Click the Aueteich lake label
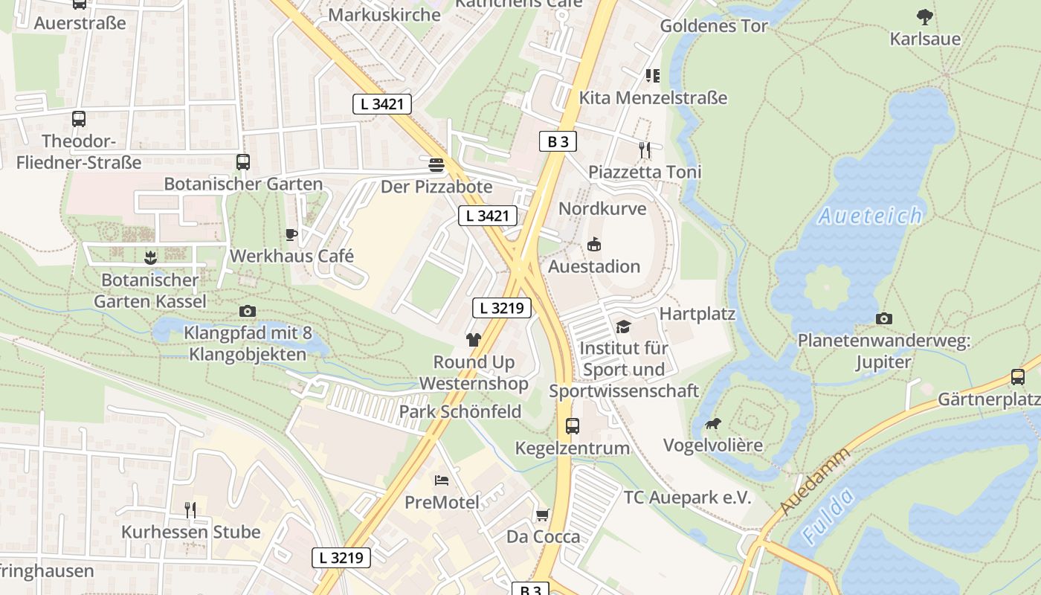(870, 216)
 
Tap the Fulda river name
(827, 518)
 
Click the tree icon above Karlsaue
(925, 16)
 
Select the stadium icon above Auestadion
(594, 244)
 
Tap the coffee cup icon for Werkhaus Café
(291, 234)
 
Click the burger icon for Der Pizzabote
(436, 164)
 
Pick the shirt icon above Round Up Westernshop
(473, 340)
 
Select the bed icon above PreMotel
(442, 480)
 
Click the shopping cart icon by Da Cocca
(543, 515)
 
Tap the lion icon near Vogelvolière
(712, 424)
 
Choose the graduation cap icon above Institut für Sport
(623, 327)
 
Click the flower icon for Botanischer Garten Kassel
(150, 258)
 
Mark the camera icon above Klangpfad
(248, 311)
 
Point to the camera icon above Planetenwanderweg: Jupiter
(883, 318)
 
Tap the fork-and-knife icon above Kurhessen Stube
(190, 509)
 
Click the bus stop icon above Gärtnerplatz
(1018, 377)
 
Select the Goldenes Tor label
(714, 25)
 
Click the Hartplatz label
(697, 313)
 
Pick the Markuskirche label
(384, 14)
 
